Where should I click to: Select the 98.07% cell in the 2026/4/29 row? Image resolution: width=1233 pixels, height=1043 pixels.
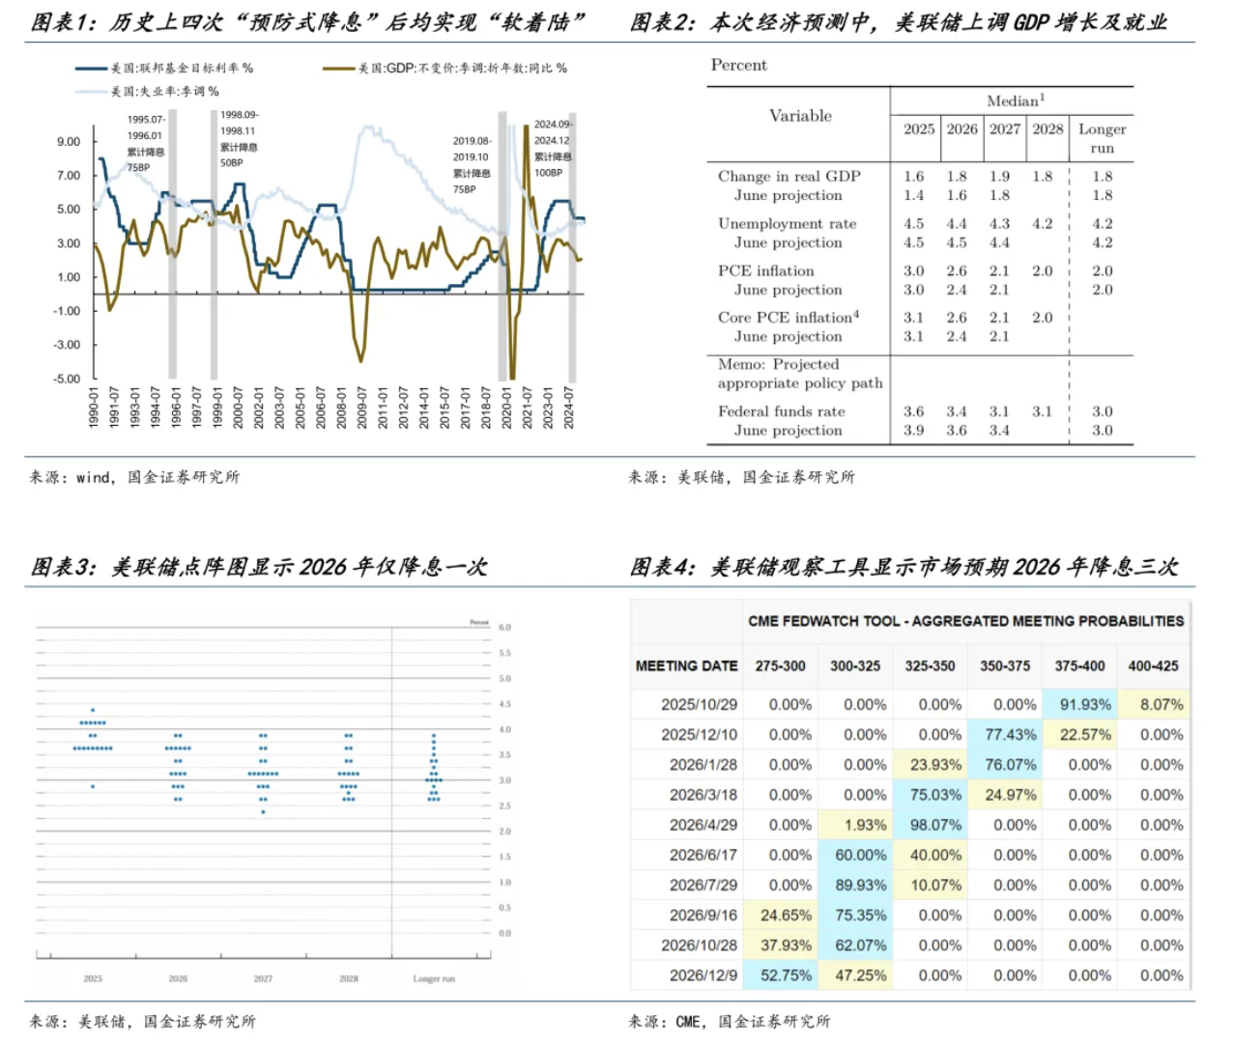tap(935, 825)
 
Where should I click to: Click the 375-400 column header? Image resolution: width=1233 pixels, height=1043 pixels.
tap(1079, 666)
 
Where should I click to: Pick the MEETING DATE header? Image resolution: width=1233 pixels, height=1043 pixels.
tap(686, 666)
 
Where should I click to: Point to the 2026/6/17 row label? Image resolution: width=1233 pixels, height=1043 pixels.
tap(703, 855)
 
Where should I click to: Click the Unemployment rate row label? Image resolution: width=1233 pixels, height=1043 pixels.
tap(787, 224)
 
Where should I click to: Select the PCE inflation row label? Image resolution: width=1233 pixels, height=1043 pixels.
tap(765, 271)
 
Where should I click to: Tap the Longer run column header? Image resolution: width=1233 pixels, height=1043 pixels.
tap(1102, 138)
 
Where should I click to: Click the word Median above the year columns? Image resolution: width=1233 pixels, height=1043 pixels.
tap(1012, 101)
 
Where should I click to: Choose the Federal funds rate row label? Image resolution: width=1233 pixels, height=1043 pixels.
tap(781, 411)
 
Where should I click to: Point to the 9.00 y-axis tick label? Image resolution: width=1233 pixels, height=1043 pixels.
tap(69, 142)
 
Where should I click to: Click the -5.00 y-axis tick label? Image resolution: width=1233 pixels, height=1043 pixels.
tap(67, 379)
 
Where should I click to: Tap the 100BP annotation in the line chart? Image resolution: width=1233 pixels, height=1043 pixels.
tap(548, 173)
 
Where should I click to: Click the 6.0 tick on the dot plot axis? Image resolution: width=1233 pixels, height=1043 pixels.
tap(504, 628)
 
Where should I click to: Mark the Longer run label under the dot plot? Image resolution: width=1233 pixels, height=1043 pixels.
tap(433, 979)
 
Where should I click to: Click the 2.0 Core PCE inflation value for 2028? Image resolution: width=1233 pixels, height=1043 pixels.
tap(1042, 318)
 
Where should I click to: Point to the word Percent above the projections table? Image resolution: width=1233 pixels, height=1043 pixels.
tap(738, 66)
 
